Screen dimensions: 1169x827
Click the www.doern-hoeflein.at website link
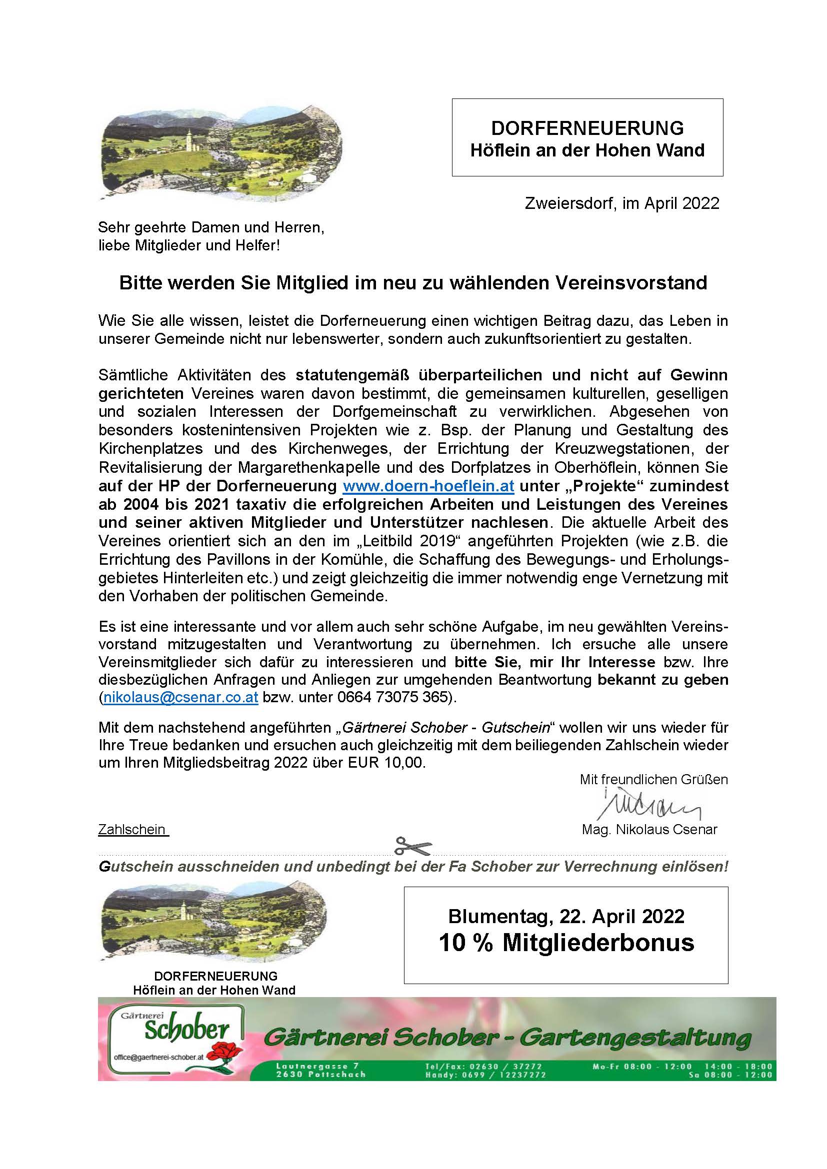coord(428,486)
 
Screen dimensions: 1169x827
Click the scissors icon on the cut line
coord(413,846)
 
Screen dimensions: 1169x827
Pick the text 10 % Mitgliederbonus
coord(566,943)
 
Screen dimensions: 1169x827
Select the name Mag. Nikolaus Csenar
coord(649,830)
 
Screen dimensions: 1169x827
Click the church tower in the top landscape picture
coord(189,137)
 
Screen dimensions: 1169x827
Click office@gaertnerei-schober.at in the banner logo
coord(159,1057)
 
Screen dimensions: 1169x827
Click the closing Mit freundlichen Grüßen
coord(653,780)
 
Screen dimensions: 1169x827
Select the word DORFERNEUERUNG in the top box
coord(587,127)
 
